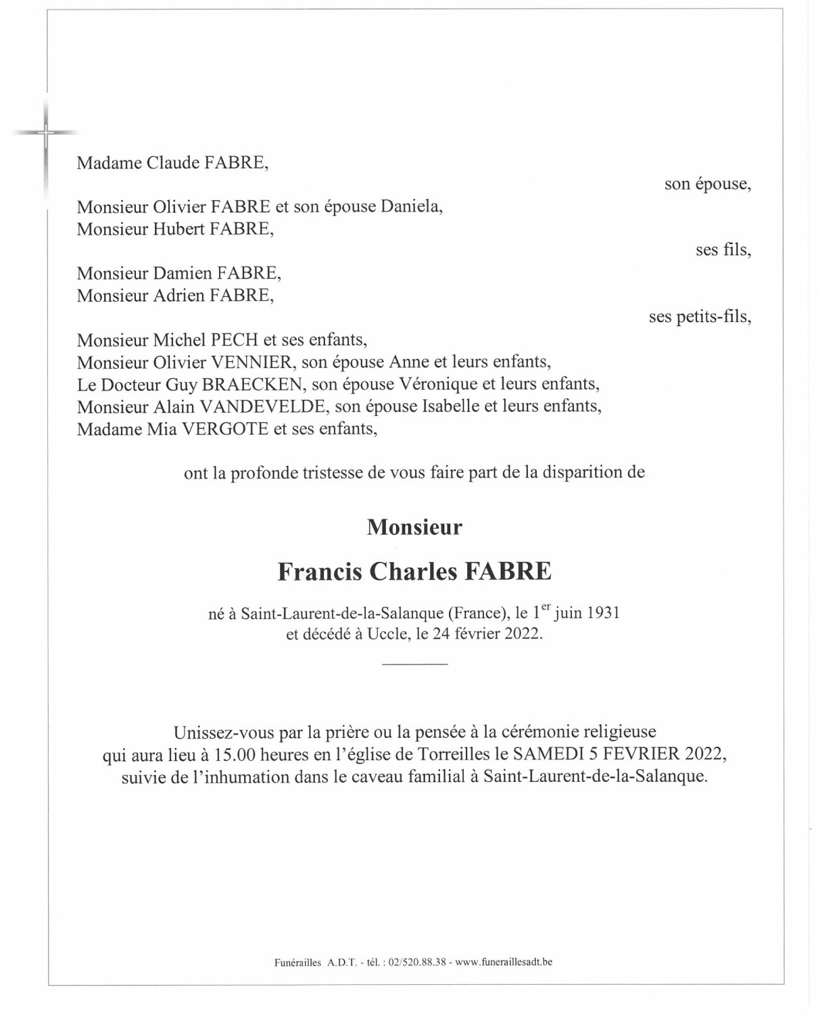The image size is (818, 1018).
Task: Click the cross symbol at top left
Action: pos(45,133)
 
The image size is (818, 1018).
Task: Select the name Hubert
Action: pos(178,229)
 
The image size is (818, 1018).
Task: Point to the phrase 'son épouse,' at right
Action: pos(707,184)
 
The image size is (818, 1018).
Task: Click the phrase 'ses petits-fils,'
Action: pos(700,317)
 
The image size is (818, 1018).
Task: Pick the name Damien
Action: pos(182,273)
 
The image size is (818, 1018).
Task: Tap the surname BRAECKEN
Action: pos(252,384)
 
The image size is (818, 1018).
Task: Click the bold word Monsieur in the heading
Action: pos(414,528)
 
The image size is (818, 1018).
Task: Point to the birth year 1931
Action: pos(603,614)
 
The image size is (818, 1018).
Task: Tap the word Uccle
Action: pos(387,634)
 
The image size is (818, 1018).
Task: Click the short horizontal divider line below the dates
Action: pos(414,664)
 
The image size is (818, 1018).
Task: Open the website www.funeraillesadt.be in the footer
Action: pos(504,962)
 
